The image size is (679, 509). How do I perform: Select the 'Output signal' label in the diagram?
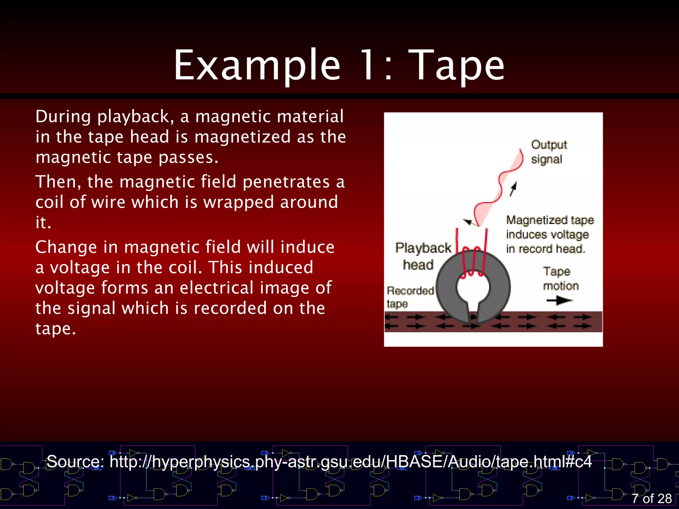(548, 152)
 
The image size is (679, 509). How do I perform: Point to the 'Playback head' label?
(422, 256)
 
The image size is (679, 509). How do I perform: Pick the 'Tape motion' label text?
(560, 278)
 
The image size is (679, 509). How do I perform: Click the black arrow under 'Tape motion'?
(560, 301)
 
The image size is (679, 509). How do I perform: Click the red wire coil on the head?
(472, 262)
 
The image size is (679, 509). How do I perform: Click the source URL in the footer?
(350, 461)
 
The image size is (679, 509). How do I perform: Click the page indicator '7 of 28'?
(651, 498)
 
